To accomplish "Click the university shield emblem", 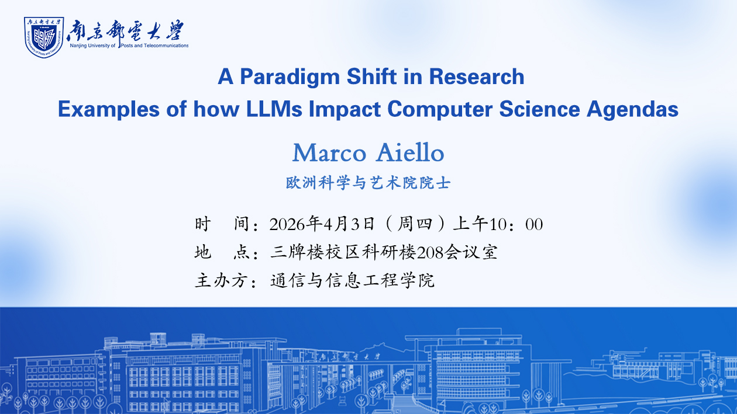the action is [x=44, y=37].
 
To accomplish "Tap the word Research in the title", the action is [x=477, y=76].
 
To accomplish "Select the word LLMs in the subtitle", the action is [x=274, y=109].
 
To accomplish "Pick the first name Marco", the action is [x=329, y=153].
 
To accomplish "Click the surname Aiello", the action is [x=410, y=152].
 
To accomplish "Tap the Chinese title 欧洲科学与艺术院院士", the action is [x=368, y=183].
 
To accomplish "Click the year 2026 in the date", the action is [x=287, y=224].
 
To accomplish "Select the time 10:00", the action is [x=516, y=224].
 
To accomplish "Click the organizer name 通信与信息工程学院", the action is [x=352, y=281].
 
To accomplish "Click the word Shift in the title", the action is [x=371, y=76].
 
